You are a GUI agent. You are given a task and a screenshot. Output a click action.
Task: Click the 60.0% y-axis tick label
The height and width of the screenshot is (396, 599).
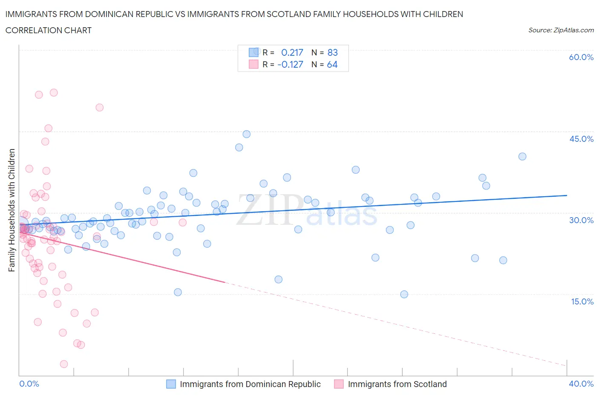click(x=581, y=57)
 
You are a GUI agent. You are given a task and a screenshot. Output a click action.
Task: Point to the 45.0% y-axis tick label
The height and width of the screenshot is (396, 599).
click(x=581, y=139)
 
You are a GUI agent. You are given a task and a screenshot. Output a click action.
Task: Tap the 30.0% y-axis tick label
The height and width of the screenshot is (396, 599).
click(x=581, y=220)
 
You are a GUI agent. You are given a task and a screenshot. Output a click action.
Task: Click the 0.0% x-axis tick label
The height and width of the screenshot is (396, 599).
click(x=29, y=384)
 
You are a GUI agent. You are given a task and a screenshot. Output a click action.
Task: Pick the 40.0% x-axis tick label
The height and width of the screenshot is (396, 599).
click(x=581, y=384)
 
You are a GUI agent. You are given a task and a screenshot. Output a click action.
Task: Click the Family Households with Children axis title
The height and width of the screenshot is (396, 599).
click(x=12, y=210)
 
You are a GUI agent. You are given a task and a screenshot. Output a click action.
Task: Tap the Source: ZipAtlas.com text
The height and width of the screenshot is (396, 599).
click(x=561, y=30)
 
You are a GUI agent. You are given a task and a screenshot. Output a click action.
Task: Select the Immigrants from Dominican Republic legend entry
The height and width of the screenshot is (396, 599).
click(x=250, y=384)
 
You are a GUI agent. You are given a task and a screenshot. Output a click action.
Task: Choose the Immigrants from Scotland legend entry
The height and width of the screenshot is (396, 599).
click(x=397, y=384)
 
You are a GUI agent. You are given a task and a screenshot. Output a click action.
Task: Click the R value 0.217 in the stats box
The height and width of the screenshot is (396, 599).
click(x=292, y=52)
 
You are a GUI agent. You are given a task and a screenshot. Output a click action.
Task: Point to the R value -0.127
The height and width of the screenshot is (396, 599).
click(x=290, y=64)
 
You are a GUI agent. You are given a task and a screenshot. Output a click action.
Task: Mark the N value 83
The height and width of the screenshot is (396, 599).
click(x=332, y=52)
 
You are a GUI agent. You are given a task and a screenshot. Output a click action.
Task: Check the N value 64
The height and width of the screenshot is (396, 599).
click(x=332, y=64)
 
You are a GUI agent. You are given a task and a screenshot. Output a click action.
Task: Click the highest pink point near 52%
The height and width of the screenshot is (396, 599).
click(x=54, y=92)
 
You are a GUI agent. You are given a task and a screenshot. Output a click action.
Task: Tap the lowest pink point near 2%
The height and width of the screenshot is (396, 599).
click(x=64, y=364)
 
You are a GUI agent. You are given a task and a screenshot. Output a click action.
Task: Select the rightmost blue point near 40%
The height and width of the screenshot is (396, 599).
click(x=522, y=156)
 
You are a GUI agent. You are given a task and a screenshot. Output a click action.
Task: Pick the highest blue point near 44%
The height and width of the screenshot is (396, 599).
click(x=246, y=134)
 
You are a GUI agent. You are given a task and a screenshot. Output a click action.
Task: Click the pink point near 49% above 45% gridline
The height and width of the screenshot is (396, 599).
click(x=100, y=107)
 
